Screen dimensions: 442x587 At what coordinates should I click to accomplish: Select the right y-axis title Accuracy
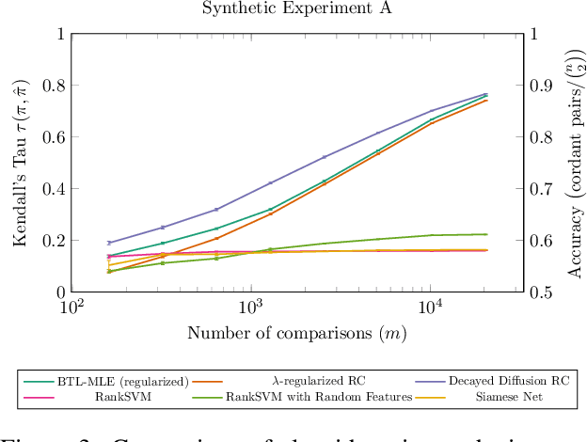(x=576, y=162)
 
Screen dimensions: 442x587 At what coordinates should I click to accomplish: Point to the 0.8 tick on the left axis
(x=51, y=86)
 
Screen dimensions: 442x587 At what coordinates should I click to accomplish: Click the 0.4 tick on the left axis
(x=51, y=189)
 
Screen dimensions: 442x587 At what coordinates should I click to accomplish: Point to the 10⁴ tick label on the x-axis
(x=431, y=308)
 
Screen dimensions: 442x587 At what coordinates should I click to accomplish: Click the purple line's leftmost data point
(x=109, y=243)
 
